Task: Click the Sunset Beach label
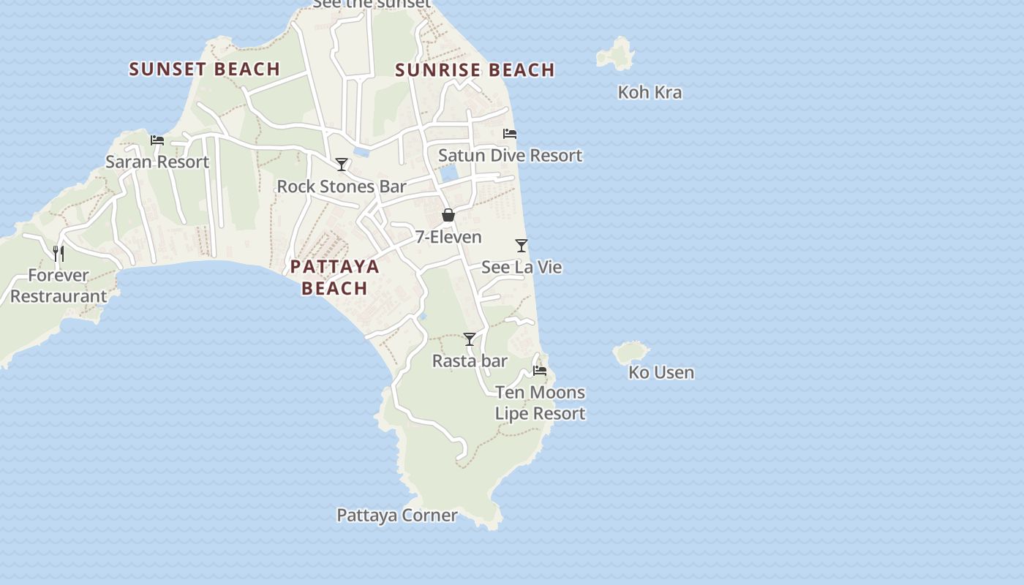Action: (x=205, y=69)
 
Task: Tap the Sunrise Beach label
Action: (x=475, y=70)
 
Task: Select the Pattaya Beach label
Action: (x=335, y=277)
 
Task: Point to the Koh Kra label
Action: (x=650, y=92)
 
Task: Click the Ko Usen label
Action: (x=661, y=372)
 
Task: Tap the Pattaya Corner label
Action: (x=396, y=515)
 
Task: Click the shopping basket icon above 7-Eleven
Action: (x=448, y=215)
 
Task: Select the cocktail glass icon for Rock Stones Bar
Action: (x=342, y=165)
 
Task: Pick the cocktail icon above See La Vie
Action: (x=522, y=246)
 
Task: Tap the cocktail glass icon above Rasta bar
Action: (x=470, y=339)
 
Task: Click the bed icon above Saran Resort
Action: (x=157, y=140)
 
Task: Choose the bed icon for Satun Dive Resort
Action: (x=510, y=134)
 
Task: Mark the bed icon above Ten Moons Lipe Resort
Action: (x=540, y=371)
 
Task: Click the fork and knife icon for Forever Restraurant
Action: (x=59, y=254)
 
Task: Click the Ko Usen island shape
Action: (x=630, y=353)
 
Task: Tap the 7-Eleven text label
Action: (x=448, y=237)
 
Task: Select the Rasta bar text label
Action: (x=470, y=361)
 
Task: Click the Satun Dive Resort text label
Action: (x=510, y=155)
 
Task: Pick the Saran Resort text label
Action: (x=157, y=162)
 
